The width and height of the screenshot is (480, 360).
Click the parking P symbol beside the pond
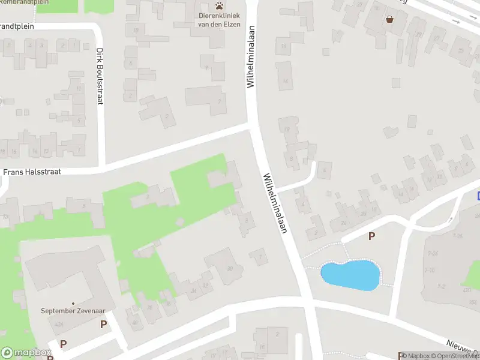point(371,236)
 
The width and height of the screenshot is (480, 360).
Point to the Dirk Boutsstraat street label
point(100,76)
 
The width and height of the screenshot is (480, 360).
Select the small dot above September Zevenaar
point(73,303)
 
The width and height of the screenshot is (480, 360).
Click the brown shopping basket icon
point(391,19)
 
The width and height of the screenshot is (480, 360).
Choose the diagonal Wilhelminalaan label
point(274,204)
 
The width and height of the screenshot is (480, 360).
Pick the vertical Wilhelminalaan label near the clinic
point(251,57)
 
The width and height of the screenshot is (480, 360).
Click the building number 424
point(59,325)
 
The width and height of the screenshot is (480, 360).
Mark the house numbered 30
point(229,268)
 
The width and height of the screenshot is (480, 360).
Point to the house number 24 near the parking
point(343,223)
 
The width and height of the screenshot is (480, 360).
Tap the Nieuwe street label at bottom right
point(462,348)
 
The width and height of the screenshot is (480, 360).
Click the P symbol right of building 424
point(103,324)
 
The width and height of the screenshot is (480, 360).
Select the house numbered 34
point(193,292)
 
